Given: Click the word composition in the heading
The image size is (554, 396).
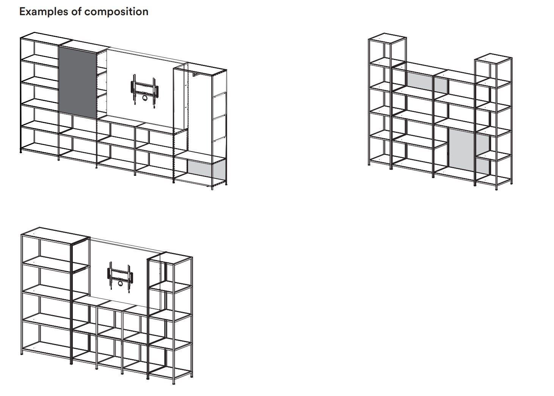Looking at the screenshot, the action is (116, 12).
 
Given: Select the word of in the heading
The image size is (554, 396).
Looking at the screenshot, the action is (76, 11).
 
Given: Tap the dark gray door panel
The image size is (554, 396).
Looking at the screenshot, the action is (77, 82).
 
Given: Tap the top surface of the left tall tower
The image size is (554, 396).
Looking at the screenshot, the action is (387, 38).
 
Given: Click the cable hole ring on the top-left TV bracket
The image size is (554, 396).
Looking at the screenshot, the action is (144, 98).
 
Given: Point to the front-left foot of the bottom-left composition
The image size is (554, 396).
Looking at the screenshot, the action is (22, 353).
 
